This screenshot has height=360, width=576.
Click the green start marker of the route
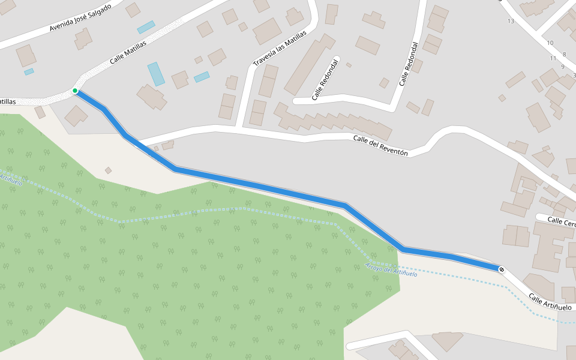click(75, 91)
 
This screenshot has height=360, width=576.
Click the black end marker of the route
click(502, 269)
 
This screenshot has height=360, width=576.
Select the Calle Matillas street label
click(128, 52)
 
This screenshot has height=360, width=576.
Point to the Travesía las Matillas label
click(279, 49)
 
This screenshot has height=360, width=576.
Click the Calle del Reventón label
click(380, 146)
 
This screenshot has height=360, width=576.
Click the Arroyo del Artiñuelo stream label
click(391, 270)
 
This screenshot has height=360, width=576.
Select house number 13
click(511, 21)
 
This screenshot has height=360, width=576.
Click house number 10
click(550, 43)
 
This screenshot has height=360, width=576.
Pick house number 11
click(553, 58)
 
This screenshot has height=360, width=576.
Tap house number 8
click(564, 55)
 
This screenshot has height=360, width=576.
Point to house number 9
click(562, 67)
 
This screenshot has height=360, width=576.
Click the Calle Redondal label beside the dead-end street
click(325, 80)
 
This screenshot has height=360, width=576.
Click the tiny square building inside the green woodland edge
click(108, 170)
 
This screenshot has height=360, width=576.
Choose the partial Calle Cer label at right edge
click(562, 222)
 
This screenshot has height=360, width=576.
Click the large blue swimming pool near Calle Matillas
click(156, 74)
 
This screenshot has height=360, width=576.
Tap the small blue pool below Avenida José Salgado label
click(29, 72)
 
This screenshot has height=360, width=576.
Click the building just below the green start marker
click(76, 115)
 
